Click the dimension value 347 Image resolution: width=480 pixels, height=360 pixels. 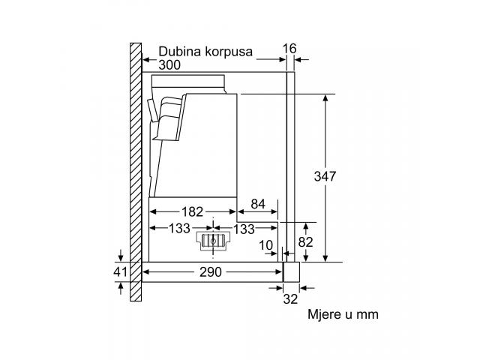click(325, 176)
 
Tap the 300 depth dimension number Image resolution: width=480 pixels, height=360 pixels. click(169, 65)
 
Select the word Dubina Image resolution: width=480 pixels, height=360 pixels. click(180, 51)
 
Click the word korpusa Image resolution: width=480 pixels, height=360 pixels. click(229, 52)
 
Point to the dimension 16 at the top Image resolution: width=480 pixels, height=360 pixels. click(289, 49)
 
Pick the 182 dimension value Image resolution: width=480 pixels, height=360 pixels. click(192, 211)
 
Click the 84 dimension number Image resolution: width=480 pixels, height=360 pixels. click(258, 204)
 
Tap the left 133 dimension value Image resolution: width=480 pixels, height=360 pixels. click(179, 228)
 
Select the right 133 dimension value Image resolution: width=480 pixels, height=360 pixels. click(244, 229)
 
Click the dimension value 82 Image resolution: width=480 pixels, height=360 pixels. click(305, 242)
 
